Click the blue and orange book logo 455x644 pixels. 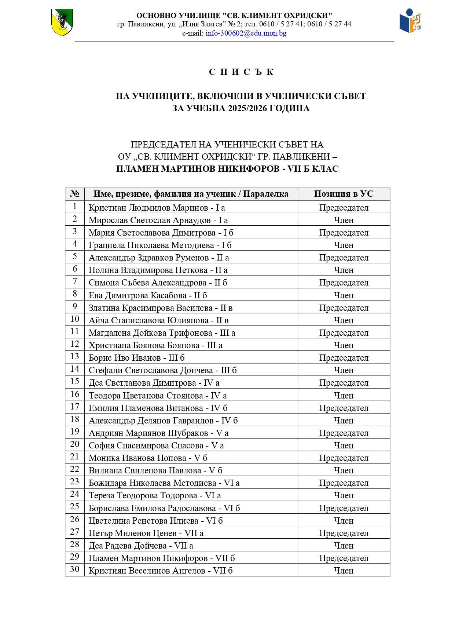410,22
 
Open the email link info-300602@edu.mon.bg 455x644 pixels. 246,33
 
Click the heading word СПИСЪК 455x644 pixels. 241,72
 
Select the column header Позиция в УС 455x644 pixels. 344,194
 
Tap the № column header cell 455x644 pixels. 75,194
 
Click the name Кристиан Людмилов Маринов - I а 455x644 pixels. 157,208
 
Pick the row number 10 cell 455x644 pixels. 75,319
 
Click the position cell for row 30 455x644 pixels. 344,571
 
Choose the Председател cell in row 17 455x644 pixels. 344,408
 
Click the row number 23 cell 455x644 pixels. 75,482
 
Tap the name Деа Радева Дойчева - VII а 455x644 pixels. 141,546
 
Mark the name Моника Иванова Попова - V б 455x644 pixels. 148,458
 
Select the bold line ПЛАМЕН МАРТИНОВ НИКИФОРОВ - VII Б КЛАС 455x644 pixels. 227,169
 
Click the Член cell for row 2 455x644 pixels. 344,220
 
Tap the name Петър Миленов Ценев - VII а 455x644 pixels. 146,533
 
